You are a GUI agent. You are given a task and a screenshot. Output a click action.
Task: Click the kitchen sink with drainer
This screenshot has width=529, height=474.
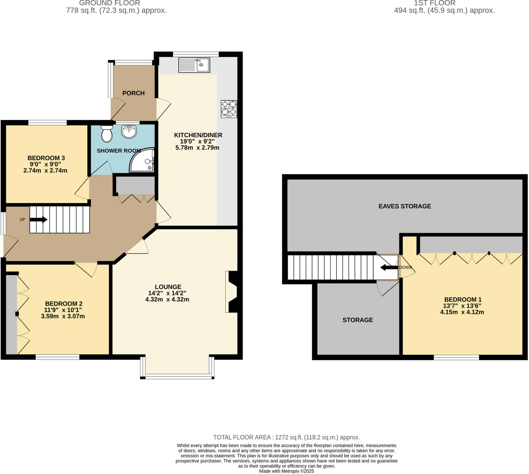click(194, 65)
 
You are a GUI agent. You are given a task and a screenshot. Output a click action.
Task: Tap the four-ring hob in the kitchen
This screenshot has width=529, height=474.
click(229, 109)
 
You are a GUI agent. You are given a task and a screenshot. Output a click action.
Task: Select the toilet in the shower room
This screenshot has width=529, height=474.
click(107, 134)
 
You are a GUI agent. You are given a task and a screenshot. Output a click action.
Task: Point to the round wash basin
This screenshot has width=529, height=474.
click(129, 131)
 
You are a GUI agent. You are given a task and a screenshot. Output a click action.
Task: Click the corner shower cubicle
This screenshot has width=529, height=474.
click(142, 160)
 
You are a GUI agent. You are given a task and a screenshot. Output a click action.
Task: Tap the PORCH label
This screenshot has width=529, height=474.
click(134, 93)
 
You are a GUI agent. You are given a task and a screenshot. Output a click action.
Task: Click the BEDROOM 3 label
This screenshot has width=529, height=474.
click(46, 158)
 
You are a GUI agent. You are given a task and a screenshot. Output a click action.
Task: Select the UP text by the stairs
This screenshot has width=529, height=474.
click(22, 219)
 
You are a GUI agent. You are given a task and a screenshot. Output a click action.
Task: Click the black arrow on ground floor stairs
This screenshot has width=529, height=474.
click(38, 219)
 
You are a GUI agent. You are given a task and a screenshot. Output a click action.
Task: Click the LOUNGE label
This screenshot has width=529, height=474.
click(168, 287)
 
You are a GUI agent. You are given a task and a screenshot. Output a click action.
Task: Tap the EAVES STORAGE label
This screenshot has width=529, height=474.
click(405, 206)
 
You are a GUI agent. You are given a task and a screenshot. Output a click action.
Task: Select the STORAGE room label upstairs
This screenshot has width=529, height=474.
click(358, 320)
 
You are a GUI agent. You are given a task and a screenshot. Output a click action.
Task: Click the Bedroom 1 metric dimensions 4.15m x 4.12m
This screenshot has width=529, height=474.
click(462, 312)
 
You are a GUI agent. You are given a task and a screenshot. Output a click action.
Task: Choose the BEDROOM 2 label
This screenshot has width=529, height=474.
click(64, 304)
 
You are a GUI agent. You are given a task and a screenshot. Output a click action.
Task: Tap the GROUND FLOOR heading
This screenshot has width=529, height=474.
click(110, 3)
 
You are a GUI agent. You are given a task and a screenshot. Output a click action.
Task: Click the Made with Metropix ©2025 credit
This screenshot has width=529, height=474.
click(287, 471)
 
